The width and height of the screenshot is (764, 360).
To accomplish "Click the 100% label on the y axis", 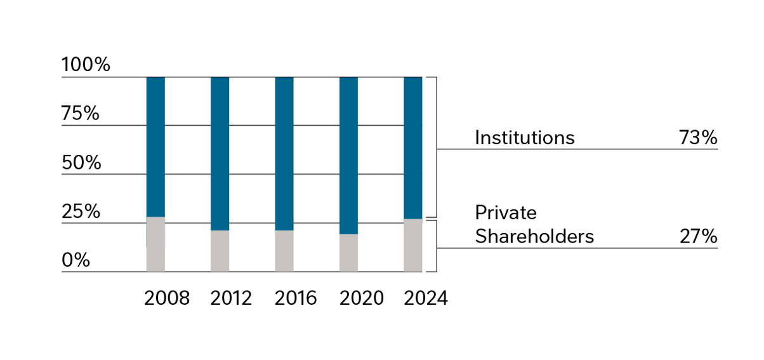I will pos(86,65).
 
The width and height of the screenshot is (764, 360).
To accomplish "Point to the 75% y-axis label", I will pos(81,114).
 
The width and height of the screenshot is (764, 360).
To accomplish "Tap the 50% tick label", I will pos(81,163).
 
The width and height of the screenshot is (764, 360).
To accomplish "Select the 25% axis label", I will pos(81,211).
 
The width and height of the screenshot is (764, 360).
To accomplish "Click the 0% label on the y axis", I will pos(76,260).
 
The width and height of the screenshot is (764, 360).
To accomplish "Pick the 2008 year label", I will pos(166,298).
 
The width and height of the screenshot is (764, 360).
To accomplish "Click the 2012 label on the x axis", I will pos(231,298).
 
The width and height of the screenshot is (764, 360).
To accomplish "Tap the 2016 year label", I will pos(296,298).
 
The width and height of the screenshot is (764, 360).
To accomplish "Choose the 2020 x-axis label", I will pos(361,298).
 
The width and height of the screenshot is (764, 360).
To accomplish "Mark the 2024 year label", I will pos(426,298).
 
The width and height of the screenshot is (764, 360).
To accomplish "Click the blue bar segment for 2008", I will pos(155,147).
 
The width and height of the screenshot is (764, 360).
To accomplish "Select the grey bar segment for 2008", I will pos(155,244).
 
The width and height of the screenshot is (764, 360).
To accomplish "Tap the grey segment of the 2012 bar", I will pos(220,251).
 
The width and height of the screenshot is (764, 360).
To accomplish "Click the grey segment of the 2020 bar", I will pos(348,253).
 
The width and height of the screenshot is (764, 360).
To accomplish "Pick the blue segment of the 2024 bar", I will pos(413,148).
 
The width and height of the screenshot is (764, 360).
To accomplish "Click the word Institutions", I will pos(524,138).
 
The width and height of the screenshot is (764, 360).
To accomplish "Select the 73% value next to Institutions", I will pos(697,138).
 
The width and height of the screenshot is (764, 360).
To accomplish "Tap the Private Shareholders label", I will pos(534,224).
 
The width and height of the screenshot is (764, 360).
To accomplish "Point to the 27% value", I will pos(697,236).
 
